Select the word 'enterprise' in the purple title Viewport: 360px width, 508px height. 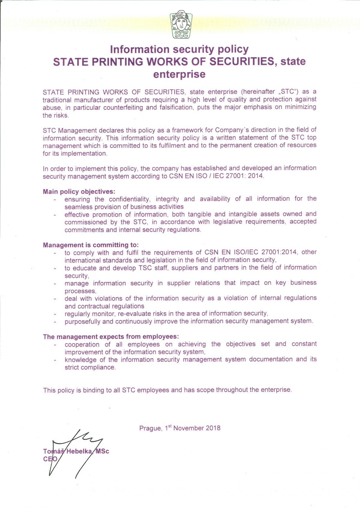point(179,74)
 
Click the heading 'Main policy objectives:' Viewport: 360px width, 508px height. point(79,191)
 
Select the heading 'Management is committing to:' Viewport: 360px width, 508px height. point(91,245)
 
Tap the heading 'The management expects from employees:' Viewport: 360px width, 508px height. point(111,337)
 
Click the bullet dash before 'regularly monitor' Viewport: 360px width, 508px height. point(55,314)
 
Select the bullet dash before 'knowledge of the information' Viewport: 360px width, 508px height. point(55,360)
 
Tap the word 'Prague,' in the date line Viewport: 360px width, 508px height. point(151,428)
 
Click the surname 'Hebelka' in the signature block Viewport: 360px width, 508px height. point(79,451)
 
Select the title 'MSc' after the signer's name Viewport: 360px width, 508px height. point(102,451)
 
